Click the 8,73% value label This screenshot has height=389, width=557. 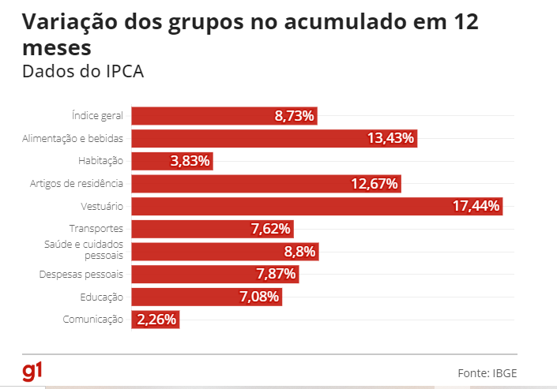point(295,116)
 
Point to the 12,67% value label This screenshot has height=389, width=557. point(375,184)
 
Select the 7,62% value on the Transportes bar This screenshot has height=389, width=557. point(271,229)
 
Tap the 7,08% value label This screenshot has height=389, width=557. point(260,297)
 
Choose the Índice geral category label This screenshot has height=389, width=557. point(98,116)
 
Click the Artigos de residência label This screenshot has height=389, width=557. point(77,184)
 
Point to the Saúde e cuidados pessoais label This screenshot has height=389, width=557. point(84,251)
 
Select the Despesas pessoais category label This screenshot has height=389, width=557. point(81,275)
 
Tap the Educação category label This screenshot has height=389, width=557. point(101,297)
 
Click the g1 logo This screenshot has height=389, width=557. point(32,372)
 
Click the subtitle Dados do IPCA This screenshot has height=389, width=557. point(82,71)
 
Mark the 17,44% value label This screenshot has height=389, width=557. point(476,206)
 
